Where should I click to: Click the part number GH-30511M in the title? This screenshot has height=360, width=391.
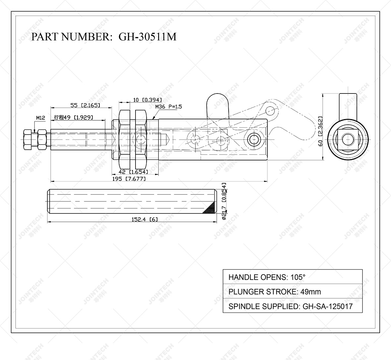(x=147, y=36)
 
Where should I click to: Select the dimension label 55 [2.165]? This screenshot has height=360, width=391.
(x=85, y=105)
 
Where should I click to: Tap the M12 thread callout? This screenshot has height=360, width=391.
(x=40, y=118)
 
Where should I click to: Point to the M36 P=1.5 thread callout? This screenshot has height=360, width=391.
(x=168, y=107)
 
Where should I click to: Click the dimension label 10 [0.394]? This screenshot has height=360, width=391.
(x=147, y=99)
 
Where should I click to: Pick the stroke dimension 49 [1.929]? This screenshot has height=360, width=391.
(x=73, y=117)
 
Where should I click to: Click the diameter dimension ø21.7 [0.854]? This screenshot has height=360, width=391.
(x=224, y=201)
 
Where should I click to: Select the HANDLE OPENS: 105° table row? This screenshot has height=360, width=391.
(x=292, y=277)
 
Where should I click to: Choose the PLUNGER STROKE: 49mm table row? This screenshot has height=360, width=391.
(x=292, y=292)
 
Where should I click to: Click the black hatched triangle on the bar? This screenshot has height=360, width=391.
(x=209, y=208)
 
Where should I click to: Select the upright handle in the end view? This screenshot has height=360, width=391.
(x=348, y=104)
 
